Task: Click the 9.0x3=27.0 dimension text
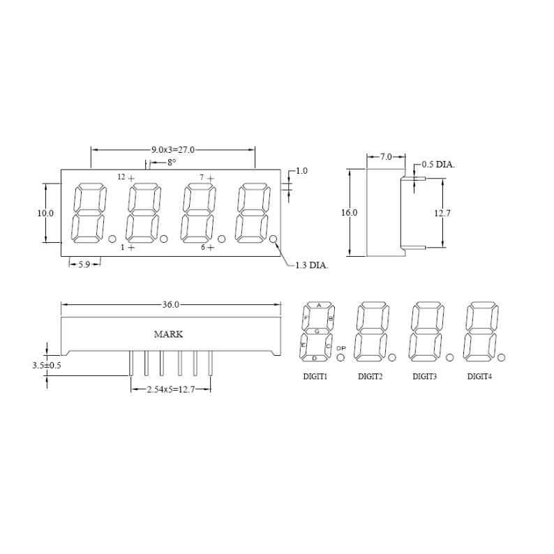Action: pos(173,150)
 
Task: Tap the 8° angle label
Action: pos(172,163)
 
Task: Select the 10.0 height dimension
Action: pos(45,213)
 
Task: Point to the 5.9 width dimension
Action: pos(84,264)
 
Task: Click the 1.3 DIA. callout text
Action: pos(312,265)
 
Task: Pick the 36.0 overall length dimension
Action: pos(171,304)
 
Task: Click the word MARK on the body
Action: pos(169,334)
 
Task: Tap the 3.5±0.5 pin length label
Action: pos(47,366)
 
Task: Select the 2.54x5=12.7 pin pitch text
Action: pos(171,390)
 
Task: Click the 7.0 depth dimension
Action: pos(386,156)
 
